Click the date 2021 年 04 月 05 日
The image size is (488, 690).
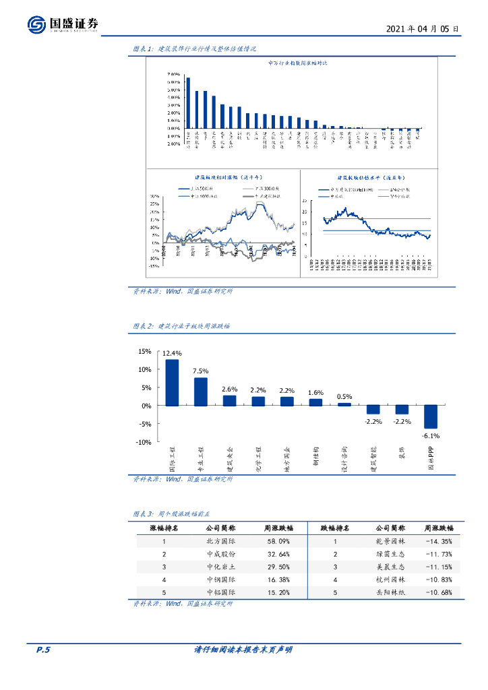[x=423, y=30]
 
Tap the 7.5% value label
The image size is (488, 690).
[x=201, y=371]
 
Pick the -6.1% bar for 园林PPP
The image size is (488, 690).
[x=431, y=416]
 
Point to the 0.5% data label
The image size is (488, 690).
[x=344, y=396]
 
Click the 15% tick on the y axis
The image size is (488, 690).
[x=144, y=351]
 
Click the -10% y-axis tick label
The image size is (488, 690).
[x=143, y=442]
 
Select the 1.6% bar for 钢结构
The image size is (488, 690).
[x=315, y=402]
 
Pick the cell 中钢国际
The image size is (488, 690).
[x=221, y=579]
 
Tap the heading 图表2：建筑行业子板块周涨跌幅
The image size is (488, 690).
[x=181, y=325]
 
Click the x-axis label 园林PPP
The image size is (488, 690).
[x=432, y=459]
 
